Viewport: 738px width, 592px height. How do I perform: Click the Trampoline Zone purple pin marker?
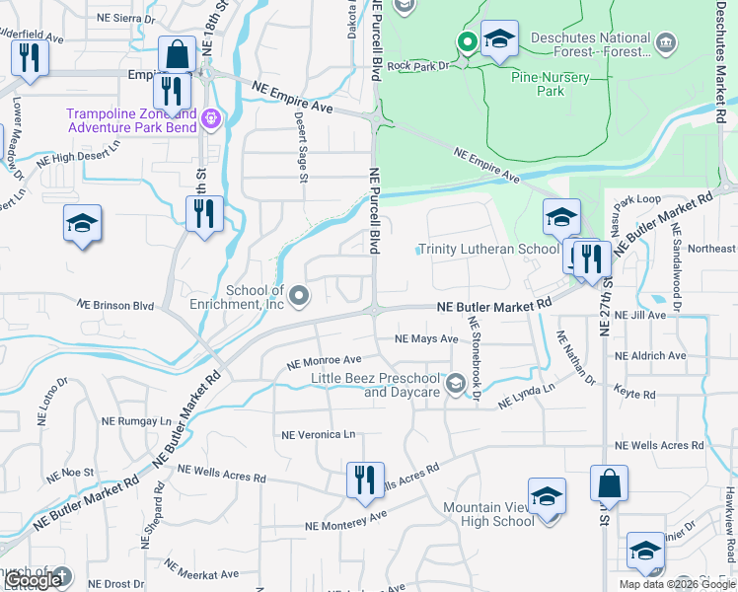click(210, 120)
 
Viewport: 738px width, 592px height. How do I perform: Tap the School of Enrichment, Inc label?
click(255, 297)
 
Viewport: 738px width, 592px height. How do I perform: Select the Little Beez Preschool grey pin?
click(456, 384)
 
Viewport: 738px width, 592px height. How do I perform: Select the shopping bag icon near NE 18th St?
click(177, 54)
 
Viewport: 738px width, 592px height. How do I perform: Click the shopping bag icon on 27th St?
click(609, 483)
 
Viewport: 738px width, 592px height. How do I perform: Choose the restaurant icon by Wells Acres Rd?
click(365, 481)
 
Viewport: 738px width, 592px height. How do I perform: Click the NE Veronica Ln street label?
click(318, 434)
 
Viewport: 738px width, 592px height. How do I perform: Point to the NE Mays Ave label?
click(426, 338)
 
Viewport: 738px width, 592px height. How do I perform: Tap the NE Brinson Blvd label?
click(116, 306)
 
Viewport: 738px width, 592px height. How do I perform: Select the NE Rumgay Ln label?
click(138, 420)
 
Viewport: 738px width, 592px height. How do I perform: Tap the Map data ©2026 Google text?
click(677, 584)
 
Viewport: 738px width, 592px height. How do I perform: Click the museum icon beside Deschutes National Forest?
click(667, 41)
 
